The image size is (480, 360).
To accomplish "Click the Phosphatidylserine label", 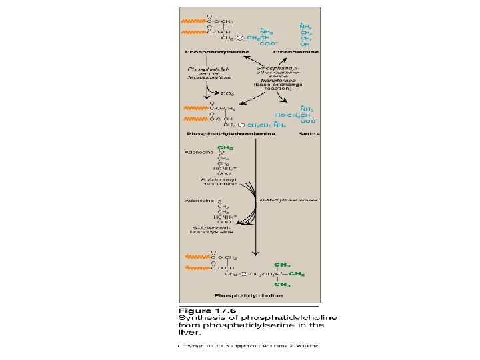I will pos(217,51).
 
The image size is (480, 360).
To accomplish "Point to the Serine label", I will pos(309,134).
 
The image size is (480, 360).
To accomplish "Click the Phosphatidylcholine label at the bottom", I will pos(249,295).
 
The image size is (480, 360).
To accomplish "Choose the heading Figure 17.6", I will pos(207,311).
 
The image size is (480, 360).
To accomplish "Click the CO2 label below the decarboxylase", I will pos(227,93).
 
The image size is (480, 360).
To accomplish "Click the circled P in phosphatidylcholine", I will pos(245,274).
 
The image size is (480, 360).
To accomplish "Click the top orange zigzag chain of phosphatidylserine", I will pos(192,21).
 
